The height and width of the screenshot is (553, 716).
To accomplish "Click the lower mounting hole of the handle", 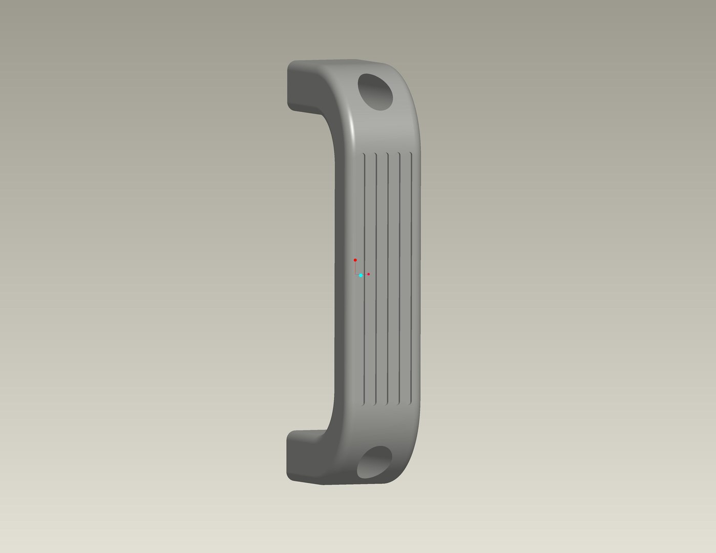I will tap(374, 462).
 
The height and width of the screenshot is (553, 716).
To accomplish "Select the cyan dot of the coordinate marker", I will tap(361, 275).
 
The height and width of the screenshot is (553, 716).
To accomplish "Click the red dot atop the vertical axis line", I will tap(355, 260).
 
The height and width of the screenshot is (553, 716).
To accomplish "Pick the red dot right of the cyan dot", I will tap(368, 274).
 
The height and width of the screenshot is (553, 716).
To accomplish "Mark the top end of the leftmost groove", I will tap(364, 154).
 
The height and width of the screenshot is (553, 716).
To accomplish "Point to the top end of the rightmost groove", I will tap(412, 154).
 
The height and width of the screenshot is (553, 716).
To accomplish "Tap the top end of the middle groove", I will tap(388, 154).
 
